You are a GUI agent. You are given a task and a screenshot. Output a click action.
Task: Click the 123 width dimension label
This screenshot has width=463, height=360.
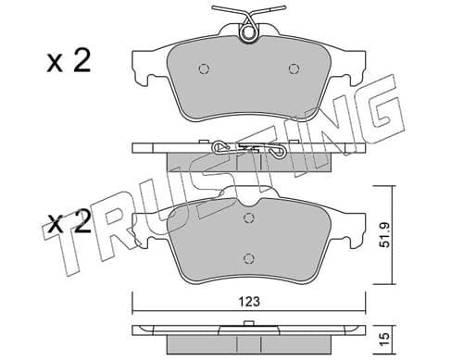[249, 302]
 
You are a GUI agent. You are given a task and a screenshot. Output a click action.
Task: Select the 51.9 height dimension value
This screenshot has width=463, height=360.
[385, 235]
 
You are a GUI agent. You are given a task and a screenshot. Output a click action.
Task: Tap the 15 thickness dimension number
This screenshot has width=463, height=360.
[385, 340]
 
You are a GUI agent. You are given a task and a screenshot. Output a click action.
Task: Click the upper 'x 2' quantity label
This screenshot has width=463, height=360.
[69, 61]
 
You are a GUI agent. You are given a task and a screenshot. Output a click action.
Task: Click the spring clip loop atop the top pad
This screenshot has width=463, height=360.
[248, 31]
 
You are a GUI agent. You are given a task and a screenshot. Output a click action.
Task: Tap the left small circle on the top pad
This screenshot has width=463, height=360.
[204, 68]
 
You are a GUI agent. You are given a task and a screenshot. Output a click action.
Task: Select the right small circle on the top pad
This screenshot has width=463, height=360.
[294, 68]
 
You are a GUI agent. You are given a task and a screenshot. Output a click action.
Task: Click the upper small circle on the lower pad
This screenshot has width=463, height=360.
[249, 218]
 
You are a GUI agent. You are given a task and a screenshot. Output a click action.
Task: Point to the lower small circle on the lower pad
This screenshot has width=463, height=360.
[249, 258]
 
